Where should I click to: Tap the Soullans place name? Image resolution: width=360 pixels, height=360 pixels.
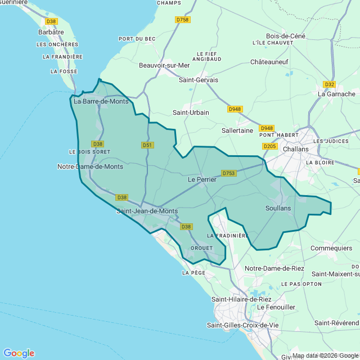tap(278, 208)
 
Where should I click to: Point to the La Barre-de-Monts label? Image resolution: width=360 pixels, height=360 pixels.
tap(101, 102)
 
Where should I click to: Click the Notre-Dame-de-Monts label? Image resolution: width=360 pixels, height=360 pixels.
tap(90, 166)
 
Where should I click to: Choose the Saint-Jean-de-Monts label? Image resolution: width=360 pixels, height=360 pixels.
tap(147, 211)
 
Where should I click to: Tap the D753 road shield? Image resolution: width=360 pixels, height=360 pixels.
tap(229, 173)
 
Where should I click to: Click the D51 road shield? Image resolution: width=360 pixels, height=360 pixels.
tap(147, 145)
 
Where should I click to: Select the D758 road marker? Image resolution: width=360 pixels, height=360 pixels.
tap(183, 20)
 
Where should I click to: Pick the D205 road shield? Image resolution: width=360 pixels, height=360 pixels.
tap(270, 146)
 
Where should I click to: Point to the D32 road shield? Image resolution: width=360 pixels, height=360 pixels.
tap(330, 84)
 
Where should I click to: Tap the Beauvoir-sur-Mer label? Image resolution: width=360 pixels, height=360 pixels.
tap(164, 65)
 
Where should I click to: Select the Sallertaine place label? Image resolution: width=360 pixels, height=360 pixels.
tap(237, 130)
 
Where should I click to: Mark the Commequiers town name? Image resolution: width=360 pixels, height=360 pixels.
tap(331, 247)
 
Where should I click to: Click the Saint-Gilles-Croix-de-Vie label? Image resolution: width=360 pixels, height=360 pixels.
tap(242, 325)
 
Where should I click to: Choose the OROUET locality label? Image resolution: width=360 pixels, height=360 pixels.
tap(202, 248)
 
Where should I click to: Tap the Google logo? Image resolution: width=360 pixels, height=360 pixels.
tap(19, 353)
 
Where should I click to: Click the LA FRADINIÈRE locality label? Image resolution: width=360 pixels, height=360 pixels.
tap(228, 235)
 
